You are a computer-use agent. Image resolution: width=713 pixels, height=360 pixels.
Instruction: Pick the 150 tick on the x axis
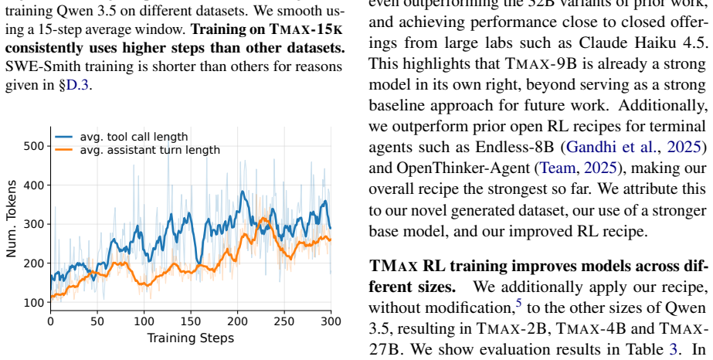pos(191,321)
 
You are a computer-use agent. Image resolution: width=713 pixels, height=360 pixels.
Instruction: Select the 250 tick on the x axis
pos(284,321)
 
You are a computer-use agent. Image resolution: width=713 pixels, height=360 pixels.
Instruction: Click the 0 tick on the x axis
pos(51,321)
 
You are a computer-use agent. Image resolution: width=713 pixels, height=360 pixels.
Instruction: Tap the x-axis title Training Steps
pos(191,338)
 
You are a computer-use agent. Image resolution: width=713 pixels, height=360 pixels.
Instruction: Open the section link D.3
pos(78,85)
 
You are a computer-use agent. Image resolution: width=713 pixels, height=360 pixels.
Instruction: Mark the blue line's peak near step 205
pos(243,192)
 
